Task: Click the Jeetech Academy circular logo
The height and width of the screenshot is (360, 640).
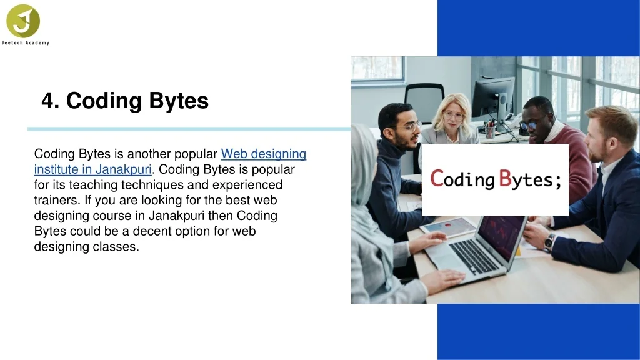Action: pos(23,21)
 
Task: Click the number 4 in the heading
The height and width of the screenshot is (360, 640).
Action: pos(47,101)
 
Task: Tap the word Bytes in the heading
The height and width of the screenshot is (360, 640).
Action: pos(178,101)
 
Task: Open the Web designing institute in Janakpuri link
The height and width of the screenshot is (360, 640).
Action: pos(170,161)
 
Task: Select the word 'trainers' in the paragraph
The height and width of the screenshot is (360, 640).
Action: pos(57,200)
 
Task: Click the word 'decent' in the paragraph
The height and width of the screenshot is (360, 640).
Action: pos(152,231)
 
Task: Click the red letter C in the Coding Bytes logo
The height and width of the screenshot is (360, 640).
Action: pos(437,178)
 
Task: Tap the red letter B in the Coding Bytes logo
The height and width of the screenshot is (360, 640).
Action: pos(505,178)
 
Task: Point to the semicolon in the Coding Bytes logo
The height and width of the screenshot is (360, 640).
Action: pos(558,182)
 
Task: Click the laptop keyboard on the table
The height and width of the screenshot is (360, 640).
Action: pos(474,256)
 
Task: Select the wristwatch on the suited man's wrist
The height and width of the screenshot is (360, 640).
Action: pos(549,242)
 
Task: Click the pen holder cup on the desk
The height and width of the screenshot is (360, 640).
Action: pos(490,131)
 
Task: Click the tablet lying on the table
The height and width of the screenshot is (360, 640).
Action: pos(448,227)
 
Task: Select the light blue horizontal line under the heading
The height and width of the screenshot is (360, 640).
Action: pos(189,129)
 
